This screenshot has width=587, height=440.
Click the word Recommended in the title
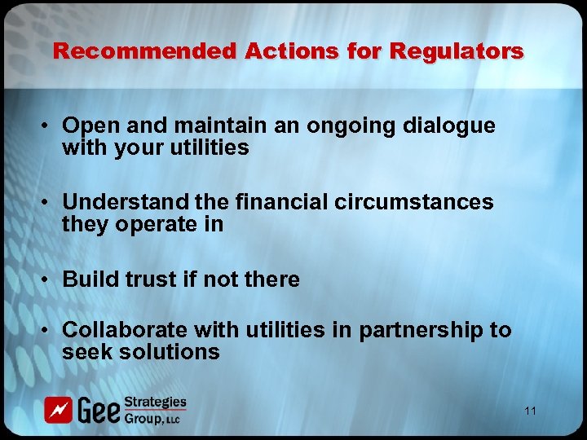pyautogui.click(x=143, y=51)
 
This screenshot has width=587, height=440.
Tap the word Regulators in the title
pyautogui.click(x=457, y=51)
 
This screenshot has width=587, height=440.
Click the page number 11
pyautogui.click(x=530, y=411)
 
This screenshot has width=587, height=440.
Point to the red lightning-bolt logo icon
pyautogui.click(x=59, y=410)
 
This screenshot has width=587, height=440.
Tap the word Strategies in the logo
pyautogui.click(x=156, y=403)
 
